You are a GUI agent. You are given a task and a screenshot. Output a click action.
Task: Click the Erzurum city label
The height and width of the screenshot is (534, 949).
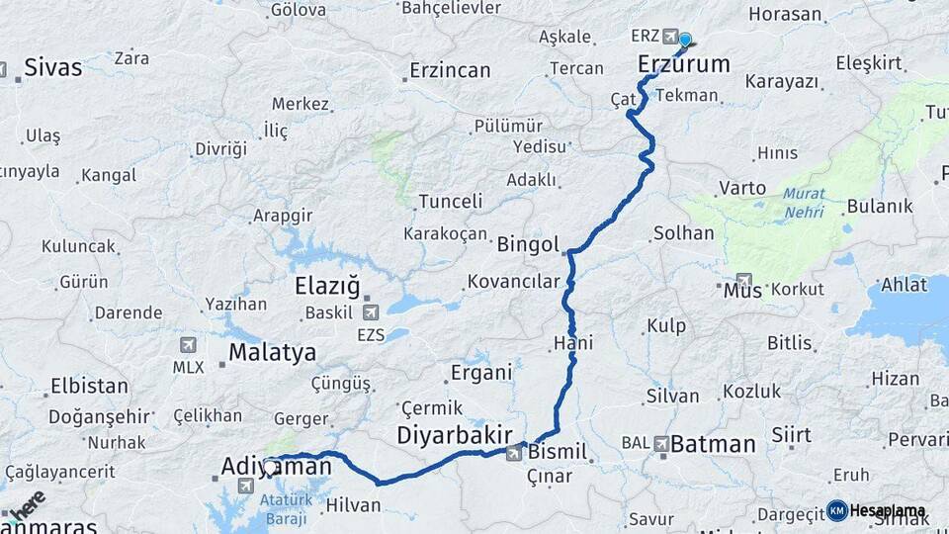coord(684,65)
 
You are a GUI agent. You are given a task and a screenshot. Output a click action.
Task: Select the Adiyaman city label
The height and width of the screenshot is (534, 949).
coord(276,466)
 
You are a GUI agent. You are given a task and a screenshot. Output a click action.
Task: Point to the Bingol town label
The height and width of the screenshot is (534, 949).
coord(528,243)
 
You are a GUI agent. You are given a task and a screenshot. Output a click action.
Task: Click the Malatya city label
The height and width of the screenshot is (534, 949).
coord(272,352)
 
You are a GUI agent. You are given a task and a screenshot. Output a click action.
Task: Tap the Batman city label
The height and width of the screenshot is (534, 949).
coord(713,444)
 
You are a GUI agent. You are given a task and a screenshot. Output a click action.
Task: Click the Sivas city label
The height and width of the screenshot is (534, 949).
coord(52,67)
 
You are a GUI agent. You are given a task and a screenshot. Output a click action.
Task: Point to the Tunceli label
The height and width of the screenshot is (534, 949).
coord(450,202)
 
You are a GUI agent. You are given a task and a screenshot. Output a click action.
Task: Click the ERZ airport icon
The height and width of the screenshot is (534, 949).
coord(671,37)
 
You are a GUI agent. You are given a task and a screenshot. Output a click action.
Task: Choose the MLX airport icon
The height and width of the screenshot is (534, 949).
coord(187,346)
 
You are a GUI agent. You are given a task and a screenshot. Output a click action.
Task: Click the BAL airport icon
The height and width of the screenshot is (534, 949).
coord(660,444)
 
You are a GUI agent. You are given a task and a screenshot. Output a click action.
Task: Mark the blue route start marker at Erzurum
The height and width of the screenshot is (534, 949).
coord(684,41)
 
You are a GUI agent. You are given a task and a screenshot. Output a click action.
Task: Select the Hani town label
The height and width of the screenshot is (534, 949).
coord(573,343)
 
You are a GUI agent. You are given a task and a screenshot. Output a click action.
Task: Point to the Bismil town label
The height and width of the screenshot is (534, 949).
coord(558,453)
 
